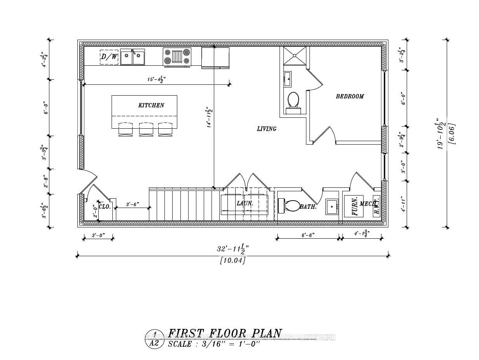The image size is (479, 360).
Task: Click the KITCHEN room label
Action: coord(151,105)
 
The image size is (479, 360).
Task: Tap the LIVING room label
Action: coord(267,129)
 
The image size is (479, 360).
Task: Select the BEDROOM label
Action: coord(350,96)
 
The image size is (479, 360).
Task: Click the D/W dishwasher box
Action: coord(109,57)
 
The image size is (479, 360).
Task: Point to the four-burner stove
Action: coord(177,57)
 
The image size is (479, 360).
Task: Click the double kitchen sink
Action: coord(132,57)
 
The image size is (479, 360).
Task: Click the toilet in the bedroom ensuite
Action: coord(293,102)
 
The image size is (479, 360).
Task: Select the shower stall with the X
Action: coord(294,56)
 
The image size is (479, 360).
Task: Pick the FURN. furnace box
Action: coord(354,206)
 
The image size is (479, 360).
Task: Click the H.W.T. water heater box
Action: coord(376,206)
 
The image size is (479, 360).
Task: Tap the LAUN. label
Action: coord(245,203)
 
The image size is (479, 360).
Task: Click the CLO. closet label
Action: coord(105,207)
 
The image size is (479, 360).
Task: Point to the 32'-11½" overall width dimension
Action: coord(233,248)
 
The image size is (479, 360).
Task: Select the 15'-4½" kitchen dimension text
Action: coord(156,79)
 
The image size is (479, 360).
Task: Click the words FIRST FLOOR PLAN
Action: coord(225,334)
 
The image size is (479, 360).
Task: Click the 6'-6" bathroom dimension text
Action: coord(308,235)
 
